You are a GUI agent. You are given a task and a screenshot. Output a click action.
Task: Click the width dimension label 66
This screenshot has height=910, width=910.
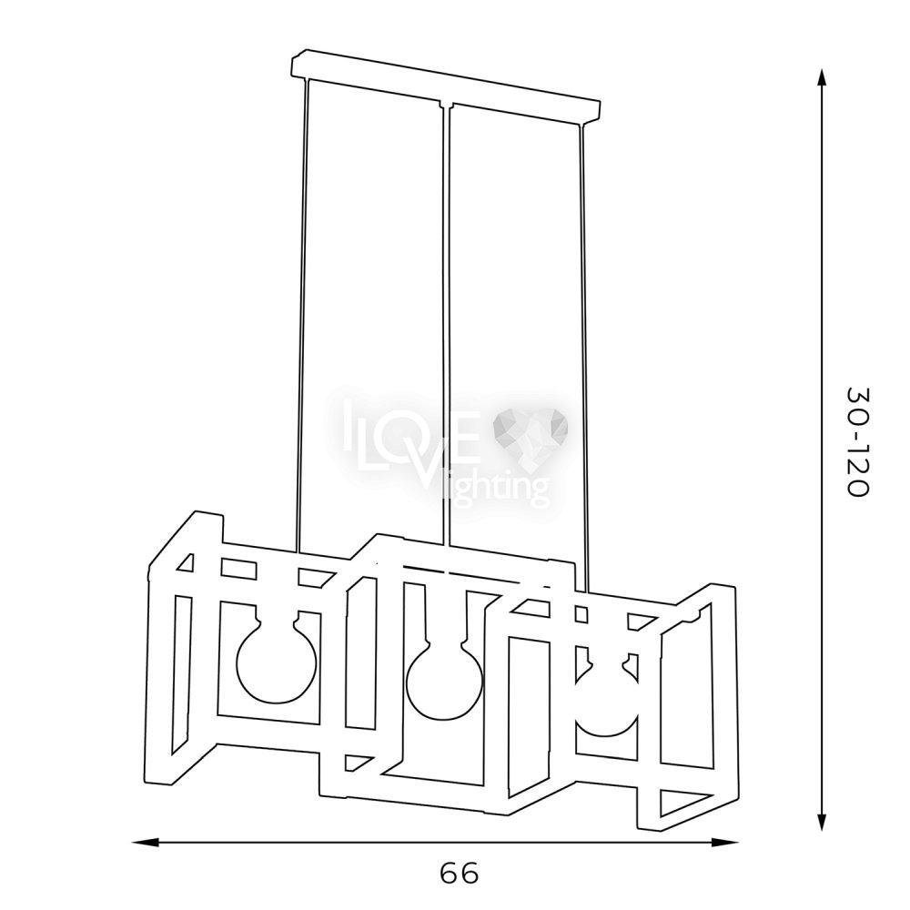(x=459, y=873)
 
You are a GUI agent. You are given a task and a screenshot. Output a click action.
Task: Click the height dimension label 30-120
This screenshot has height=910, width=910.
(x=857, y=441)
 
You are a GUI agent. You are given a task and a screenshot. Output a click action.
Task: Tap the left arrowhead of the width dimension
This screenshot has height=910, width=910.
(x=146, y=841)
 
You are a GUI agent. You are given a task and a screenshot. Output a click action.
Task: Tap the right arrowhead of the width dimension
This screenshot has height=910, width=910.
(x=725, y=842)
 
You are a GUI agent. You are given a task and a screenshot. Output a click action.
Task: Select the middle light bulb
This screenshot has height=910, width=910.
(x=444, y=676)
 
